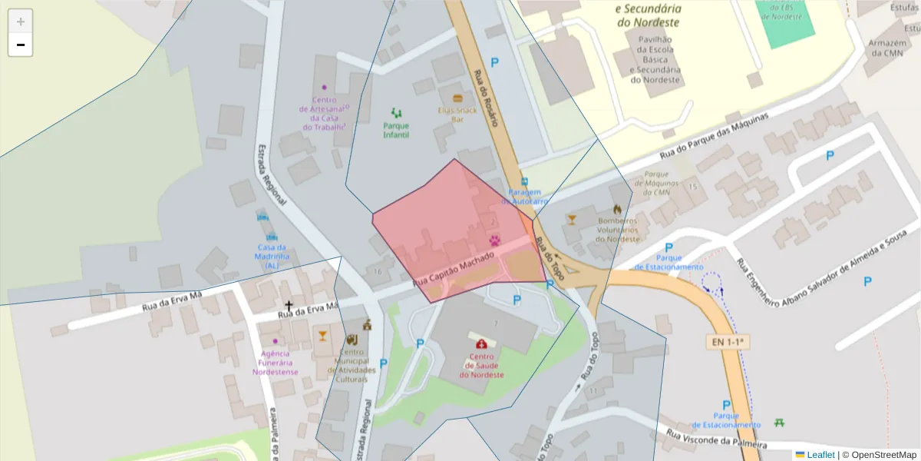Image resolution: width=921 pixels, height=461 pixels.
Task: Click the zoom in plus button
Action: click(x=21, y=22)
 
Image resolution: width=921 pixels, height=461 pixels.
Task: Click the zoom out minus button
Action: click(x=21, y=45)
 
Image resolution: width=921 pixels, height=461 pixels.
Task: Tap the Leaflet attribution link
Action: click(x=820, y=455)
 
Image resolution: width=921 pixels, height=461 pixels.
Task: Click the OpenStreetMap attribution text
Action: click(x=879, y=455)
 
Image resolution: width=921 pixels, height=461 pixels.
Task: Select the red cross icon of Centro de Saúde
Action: click(x=481, y=343)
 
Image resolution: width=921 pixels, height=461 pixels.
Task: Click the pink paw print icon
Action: click(x=495, y=240)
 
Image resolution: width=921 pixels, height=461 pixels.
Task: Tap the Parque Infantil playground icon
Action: click(x=396, y=113)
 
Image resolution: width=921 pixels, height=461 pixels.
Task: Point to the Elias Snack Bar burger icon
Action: click(x=457, y=98)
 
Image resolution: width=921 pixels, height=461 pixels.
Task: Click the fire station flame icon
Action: click(x=617, y=208)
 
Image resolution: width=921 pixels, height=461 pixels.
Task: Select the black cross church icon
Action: click(x=289, y=306)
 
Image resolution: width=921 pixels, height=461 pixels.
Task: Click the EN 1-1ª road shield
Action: click(x=726, y=340)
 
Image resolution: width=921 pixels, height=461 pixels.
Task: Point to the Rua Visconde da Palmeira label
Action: click(x=716, y=439)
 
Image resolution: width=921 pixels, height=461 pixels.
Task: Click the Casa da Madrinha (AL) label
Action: click(x=272, y=256)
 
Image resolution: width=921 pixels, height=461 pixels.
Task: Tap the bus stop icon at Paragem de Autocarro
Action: click(x=524, y=181)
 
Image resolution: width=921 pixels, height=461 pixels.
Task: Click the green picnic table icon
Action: click(x=780, y=422)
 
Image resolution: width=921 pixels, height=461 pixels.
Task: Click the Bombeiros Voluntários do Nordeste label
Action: click(x=618, y=229)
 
